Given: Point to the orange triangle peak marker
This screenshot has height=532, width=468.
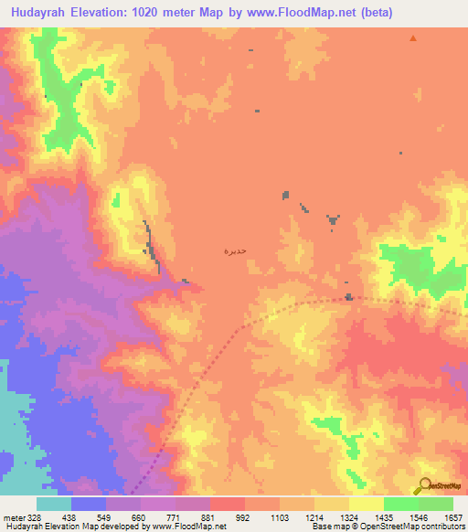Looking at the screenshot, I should click(x=413, y=38).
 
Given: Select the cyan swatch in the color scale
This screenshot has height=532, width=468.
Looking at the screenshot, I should click(x=53, y=504).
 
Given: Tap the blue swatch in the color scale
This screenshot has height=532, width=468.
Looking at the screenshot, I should click(x=88, y=504).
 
